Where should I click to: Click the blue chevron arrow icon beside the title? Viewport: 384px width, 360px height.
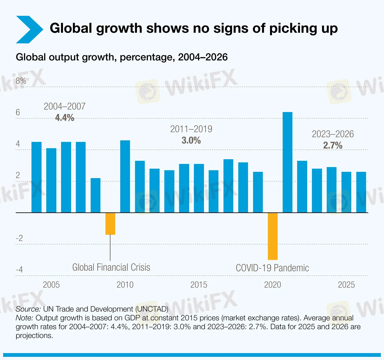tap(29, 30)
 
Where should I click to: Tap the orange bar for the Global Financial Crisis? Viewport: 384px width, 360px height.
tap(110, 224)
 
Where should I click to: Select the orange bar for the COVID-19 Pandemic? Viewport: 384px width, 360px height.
tap(273, 236)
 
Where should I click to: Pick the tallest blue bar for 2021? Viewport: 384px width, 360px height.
tap(287, 162)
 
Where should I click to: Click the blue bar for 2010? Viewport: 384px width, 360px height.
tap(125, 176)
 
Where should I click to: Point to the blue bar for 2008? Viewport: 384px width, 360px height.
tap(95, 195)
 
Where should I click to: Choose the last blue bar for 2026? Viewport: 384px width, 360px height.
tap(361, 192)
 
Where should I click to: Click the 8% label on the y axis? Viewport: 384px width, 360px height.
tap(21, 81)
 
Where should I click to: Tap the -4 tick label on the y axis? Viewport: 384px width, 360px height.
tap(19, 270)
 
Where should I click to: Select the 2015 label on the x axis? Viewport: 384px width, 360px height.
tap(199, 285)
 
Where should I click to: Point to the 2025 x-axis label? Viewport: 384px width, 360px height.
tap(346, 285)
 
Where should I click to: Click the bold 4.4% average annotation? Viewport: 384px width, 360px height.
tap(65, 118)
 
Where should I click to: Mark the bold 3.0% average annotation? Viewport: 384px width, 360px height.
tap(191, 140)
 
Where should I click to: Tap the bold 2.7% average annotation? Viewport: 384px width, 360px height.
tap(333, 145)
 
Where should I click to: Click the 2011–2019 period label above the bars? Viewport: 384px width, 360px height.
tap(191, 129)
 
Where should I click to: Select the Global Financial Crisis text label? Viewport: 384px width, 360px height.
tap(111, 267)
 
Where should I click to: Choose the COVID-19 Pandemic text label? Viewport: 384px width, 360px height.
tap(272, 268)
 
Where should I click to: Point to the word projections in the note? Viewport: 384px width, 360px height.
tap(34, 335)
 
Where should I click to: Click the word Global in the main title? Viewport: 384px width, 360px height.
tap(71, 28)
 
